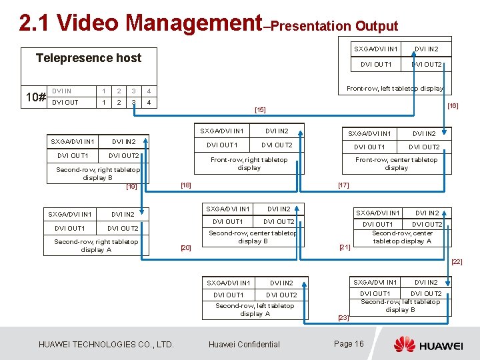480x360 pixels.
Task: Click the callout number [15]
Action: pos(260,109)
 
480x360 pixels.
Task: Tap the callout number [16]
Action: pos(453,105)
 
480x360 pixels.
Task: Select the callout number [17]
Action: pos(343,185)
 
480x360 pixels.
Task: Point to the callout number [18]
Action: pos(186,185)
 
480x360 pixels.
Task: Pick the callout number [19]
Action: pos(131,187)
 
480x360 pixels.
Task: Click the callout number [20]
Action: pos(186,248)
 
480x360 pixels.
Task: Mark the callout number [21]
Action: pos(345,247)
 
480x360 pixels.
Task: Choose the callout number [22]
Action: pos(457,262)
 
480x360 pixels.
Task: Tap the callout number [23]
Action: pos(343,317)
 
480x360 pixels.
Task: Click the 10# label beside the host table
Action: pos(35,97)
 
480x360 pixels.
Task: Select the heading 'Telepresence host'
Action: pos(89,58)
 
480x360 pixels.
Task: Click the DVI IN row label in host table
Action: pos(62,91)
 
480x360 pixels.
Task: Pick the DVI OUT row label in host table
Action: pos(65,103)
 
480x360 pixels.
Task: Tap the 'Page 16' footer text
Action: pos(348,344)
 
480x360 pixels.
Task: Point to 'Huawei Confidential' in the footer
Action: pos(244,345)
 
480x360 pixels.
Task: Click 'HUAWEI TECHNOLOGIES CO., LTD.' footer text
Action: pos(106,345)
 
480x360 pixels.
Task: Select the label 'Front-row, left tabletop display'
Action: pos(395,88)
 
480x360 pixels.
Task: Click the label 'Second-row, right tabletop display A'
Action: pos(96,245)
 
